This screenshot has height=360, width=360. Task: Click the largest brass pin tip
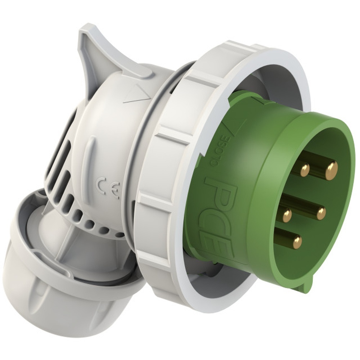(x=332, y=171)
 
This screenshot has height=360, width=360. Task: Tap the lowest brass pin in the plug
(x=297, y=242)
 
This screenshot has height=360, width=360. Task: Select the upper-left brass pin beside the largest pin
(x=305, y=170)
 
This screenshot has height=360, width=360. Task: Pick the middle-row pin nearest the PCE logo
(x=287, y=215)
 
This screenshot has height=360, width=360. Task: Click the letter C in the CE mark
(x=101, y=185)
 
